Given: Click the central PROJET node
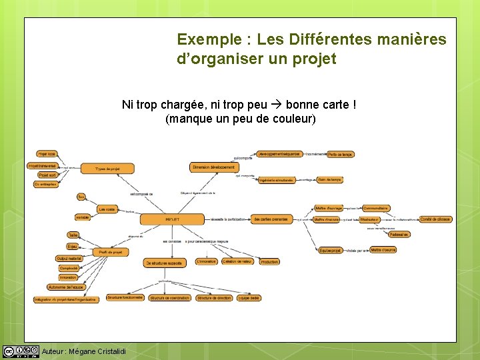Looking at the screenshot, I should click(172, 219).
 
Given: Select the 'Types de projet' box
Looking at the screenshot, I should click(107, 169).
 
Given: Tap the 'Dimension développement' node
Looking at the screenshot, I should click(213, 167).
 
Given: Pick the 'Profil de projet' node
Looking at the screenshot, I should click(110, 252).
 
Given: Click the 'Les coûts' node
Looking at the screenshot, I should click(107, 209).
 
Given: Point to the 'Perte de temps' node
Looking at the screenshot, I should click(340, 154).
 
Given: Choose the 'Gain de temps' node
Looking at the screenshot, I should click(329, 179).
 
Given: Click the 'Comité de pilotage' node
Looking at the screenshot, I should click(435, 219).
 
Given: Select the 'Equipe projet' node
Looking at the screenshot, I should click(330, 251).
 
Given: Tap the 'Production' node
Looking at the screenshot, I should click(269, 262).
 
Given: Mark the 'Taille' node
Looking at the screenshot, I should click(73, 235).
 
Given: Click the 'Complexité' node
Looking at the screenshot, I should click(69, 268).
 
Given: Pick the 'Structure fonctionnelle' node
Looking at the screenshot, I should click(125, 297).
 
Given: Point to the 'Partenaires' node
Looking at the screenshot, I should click(399, 235).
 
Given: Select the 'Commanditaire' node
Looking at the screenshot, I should click(375, 208).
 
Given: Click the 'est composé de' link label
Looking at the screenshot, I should click(141, 194).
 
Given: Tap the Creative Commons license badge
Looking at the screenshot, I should click(21, 351).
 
